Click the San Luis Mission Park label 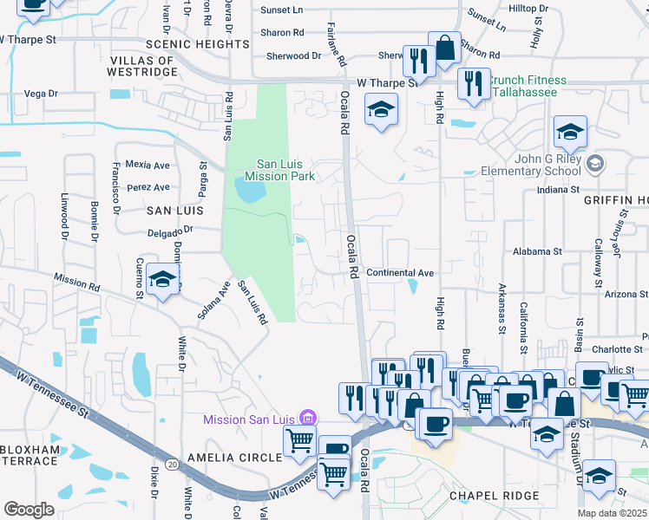coord(279,169)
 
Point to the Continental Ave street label coord(400,272)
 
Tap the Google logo coord(29,509)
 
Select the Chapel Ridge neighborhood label coord(494,496)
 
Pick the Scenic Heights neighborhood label coord(198,43)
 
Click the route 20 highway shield coord(173,465)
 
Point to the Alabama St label coord(537,251)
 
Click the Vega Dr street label coord(41,93)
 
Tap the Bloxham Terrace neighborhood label coord(31,457)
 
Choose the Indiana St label coord(557,190)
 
